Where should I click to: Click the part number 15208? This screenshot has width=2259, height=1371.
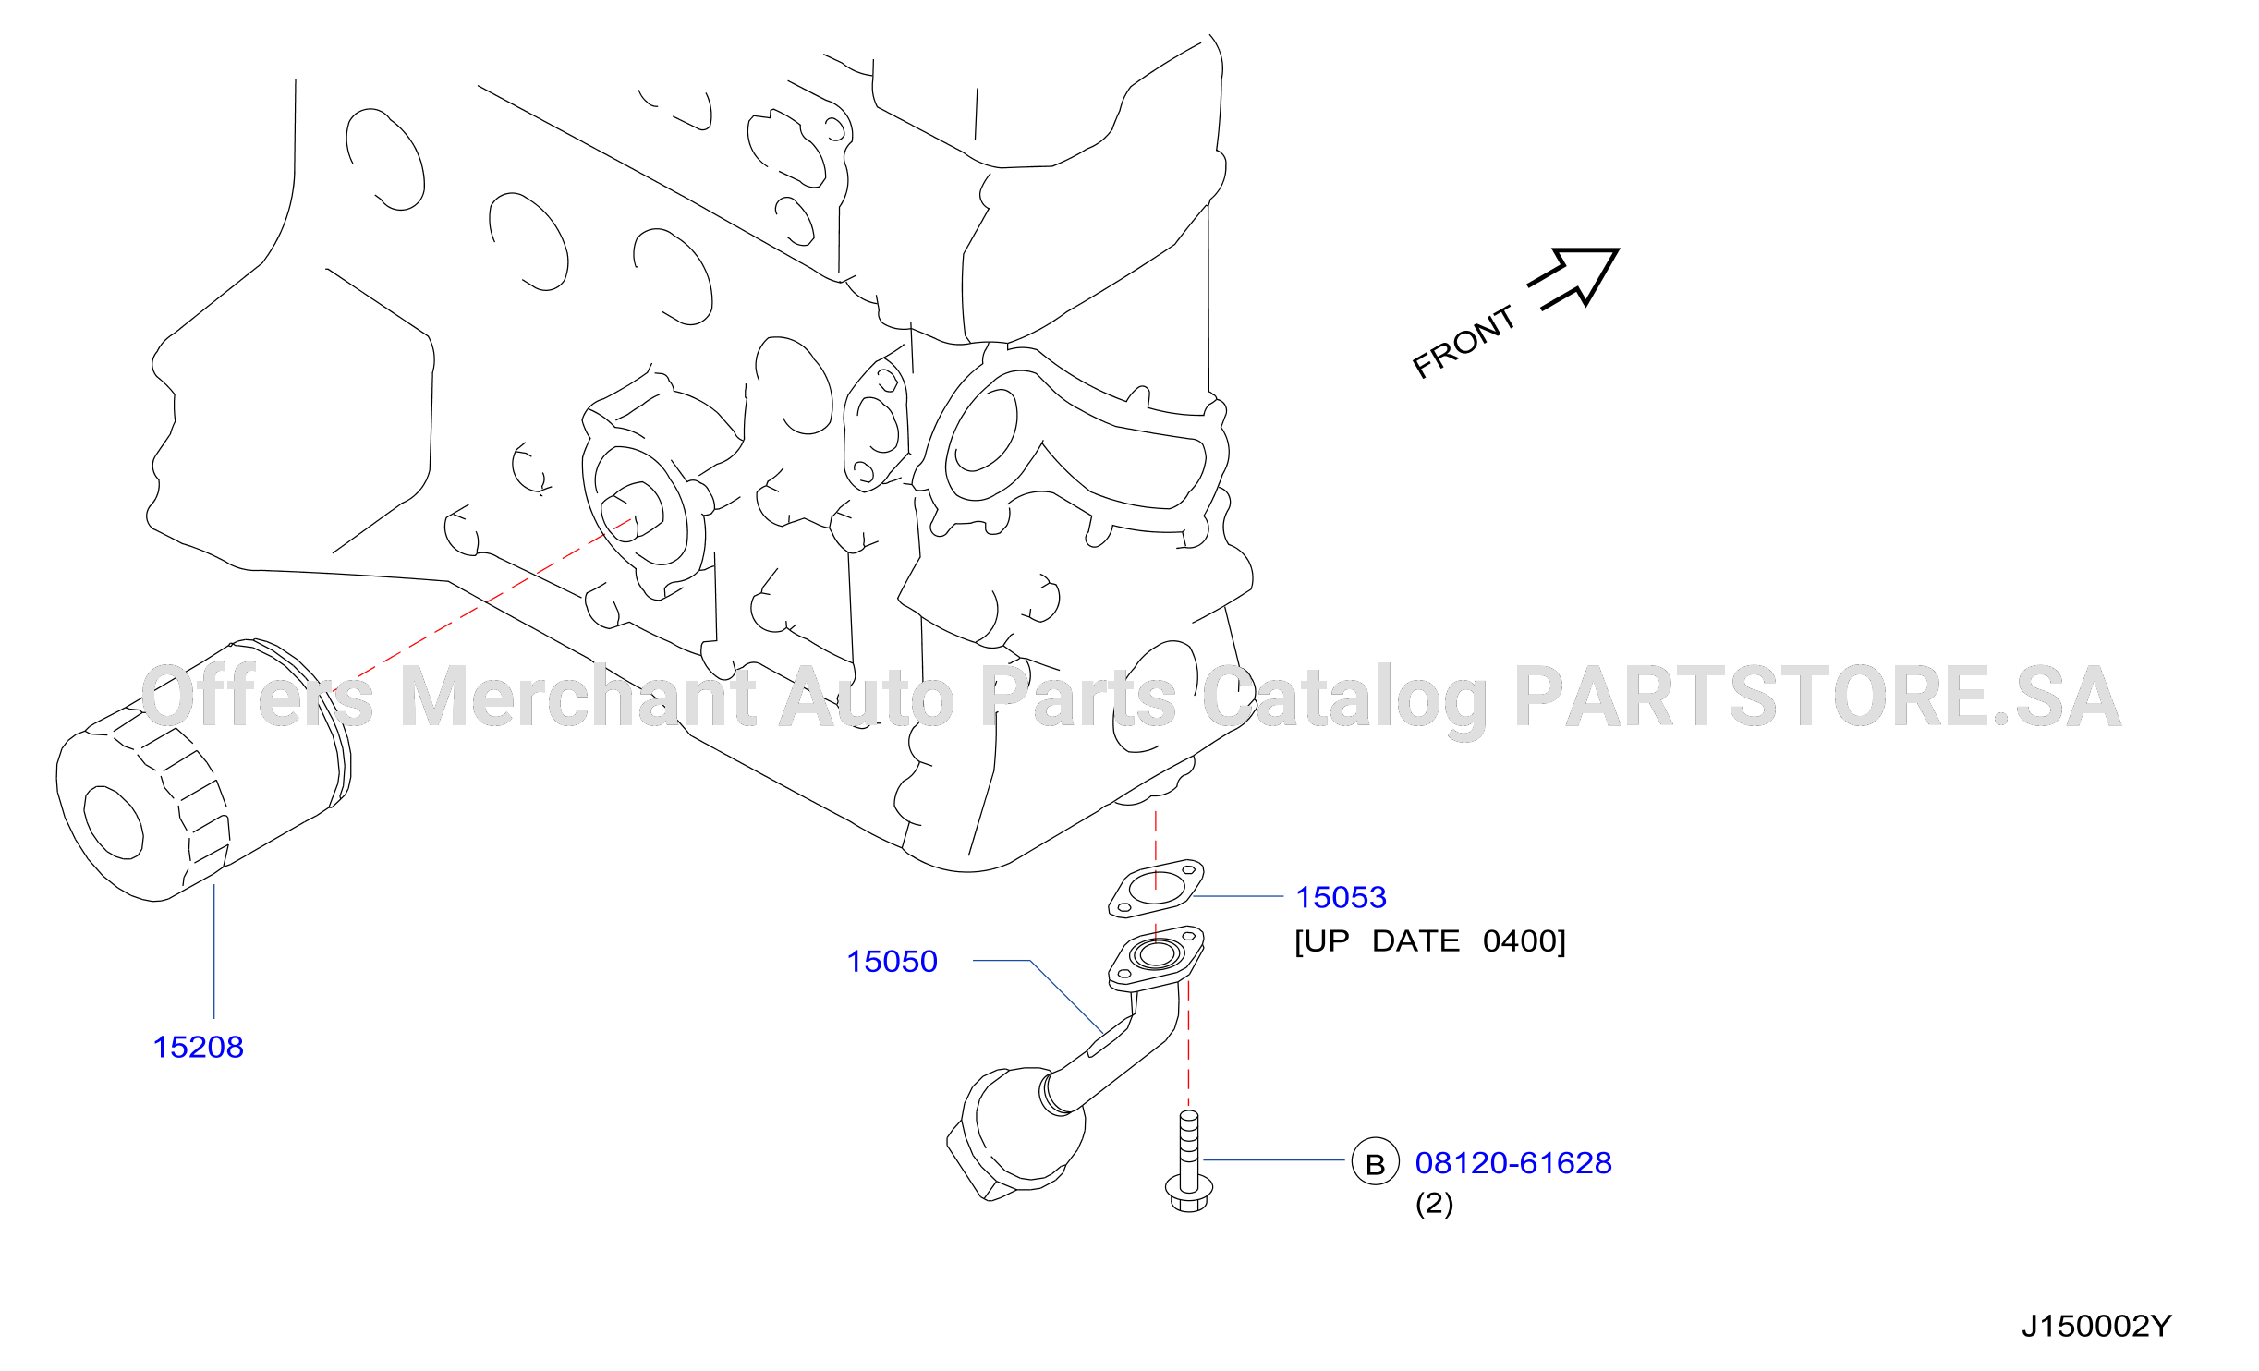pyautogui.click(x=198, y=1047)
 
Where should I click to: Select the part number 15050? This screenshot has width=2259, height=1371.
pyautogui.click(x=892, y=961)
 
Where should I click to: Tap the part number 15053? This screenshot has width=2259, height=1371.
pyautogui.click(x=1341, y=896)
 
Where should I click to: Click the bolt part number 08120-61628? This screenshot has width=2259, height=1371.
pyautogui.click(x=1513, y=1162)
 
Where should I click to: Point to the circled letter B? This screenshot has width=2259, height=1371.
pyautogui.click(x=1376, y=1161)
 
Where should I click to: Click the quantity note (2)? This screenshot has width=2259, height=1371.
pyautogui.click(x=1434, y=1203)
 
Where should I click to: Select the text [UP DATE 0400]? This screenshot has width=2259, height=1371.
pyautogui.click(x=1430, y=941)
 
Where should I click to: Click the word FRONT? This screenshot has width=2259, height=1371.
pyautogui.click(x=1464, y=342)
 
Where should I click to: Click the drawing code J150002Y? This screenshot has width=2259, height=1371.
pyautogui.click(x=2096, y=1326)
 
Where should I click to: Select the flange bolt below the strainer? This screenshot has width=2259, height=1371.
pyautogui.click(x=1189, y=1161)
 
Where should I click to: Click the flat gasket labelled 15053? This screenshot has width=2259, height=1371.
pyautogui.click(x=1157, y=889)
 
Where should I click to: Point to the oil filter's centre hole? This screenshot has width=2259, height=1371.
pyautogui.click(x=114, y=821)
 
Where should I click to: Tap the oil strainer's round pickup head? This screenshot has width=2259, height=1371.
pyautogui.click(x=1016, y=1133)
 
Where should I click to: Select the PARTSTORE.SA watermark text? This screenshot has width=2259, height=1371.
pyautogui.click(x=1816, y=696)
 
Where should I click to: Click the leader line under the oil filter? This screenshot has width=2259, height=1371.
pyautogui.click(x=214, y=952)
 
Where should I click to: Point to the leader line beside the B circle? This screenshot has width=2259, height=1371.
pyautogui.click(x=1274, y=1159)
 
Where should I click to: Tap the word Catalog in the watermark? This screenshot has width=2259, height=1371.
pyautogui.click(x=1344, y=702)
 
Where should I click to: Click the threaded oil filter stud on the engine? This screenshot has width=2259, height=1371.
pyautogui.click(x=632, y=510)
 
